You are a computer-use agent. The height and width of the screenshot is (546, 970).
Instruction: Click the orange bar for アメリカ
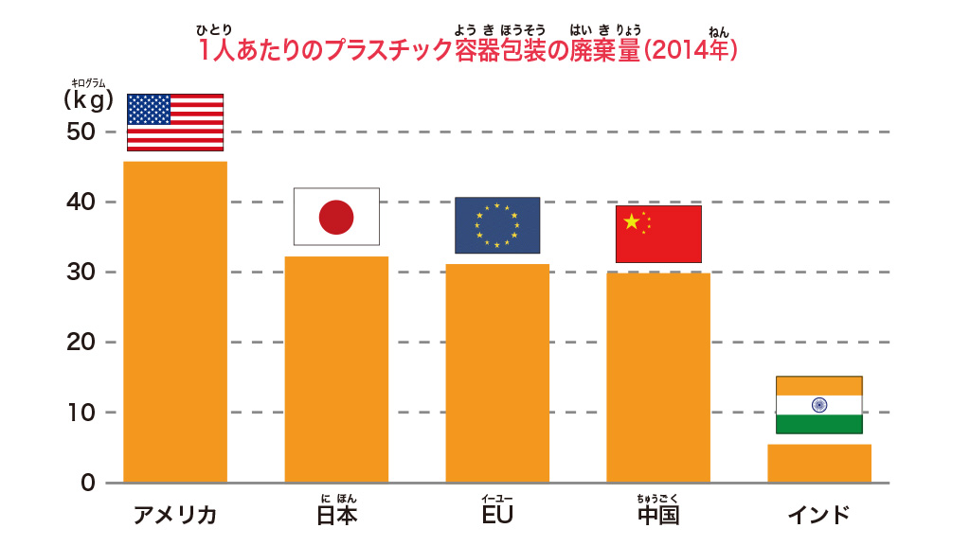[175, 322]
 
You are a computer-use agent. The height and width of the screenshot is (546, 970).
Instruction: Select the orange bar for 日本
[336, 369]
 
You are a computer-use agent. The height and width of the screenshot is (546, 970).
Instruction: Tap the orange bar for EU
[497, 373]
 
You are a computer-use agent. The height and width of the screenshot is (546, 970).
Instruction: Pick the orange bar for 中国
[658, 378]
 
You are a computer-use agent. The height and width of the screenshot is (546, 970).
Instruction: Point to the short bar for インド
[819, 463]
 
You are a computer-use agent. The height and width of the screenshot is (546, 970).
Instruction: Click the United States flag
[175, 122]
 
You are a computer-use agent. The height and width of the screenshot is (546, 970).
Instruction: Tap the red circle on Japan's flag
[336, 218]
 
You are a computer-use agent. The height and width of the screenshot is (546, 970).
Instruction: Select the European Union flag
[497, 225]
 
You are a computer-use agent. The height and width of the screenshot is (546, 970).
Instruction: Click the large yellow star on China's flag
[631, 221]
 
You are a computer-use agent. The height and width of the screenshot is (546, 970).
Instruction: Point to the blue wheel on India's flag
[819, 405]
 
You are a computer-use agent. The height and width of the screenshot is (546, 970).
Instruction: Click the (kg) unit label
[89, 98]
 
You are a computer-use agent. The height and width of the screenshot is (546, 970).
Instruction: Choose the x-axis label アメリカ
[175, 516]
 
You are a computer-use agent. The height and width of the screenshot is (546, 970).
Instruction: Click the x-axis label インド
[819, 516]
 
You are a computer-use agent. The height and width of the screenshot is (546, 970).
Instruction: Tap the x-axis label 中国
[658, 516]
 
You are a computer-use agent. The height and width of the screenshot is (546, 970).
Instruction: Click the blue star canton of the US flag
[149, 109]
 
